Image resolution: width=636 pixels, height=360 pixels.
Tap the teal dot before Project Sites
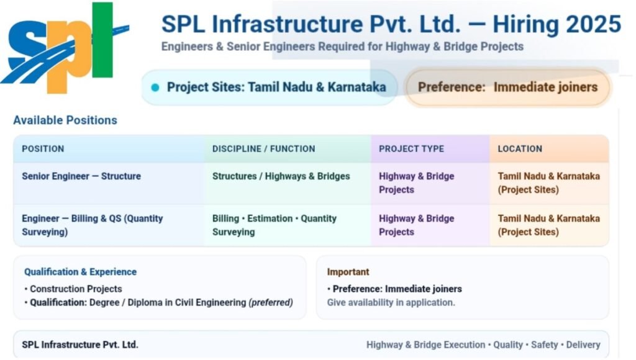155,88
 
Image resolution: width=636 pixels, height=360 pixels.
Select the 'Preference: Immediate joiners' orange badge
507,88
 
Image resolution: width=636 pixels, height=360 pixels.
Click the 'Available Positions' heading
65,120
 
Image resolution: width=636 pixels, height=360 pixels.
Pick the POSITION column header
43,149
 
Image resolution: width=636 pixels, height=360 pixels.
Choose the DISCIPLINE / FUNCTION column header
263,149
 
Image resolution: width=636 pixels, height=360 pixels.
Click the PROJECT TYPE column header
411,149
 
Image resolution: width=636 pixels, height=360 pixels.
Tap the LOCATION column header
520,149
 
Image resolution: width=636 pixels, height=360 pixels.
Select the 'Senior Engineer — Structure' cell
81,176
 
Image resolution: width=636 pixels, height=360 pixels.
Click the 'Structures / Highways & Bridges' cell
281,176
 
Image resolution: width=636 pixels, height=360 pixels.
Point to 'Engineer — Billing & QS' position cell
92,225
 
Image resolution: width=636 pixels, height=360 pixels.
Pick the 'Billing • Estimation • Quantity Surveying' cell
274,225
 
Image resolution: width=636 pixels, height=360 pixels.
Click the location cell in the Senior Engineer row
548,182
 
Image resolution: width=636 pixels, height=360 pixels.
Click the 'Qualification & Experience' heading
80,272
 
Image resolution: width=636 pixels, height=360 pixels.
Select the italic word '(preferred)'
270,303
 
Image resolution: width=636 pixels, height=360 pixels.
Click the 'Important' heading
348,272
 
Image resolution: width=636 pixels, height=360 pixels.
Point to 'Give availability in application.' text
391,303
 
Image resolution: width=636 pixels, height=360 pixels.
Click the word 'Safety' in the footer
545,344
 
